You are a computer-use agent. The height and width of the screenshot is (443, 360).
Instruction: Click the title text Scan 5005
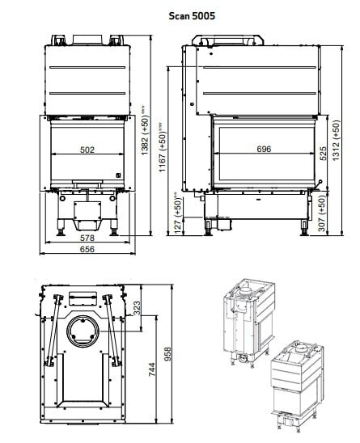[192, 15]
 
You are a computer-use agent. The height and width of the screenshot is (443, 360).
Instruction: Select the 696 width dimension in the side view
[264, 150]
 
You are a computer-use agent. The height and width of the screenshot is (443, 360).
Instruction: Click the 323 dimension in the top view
[136, 307]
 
